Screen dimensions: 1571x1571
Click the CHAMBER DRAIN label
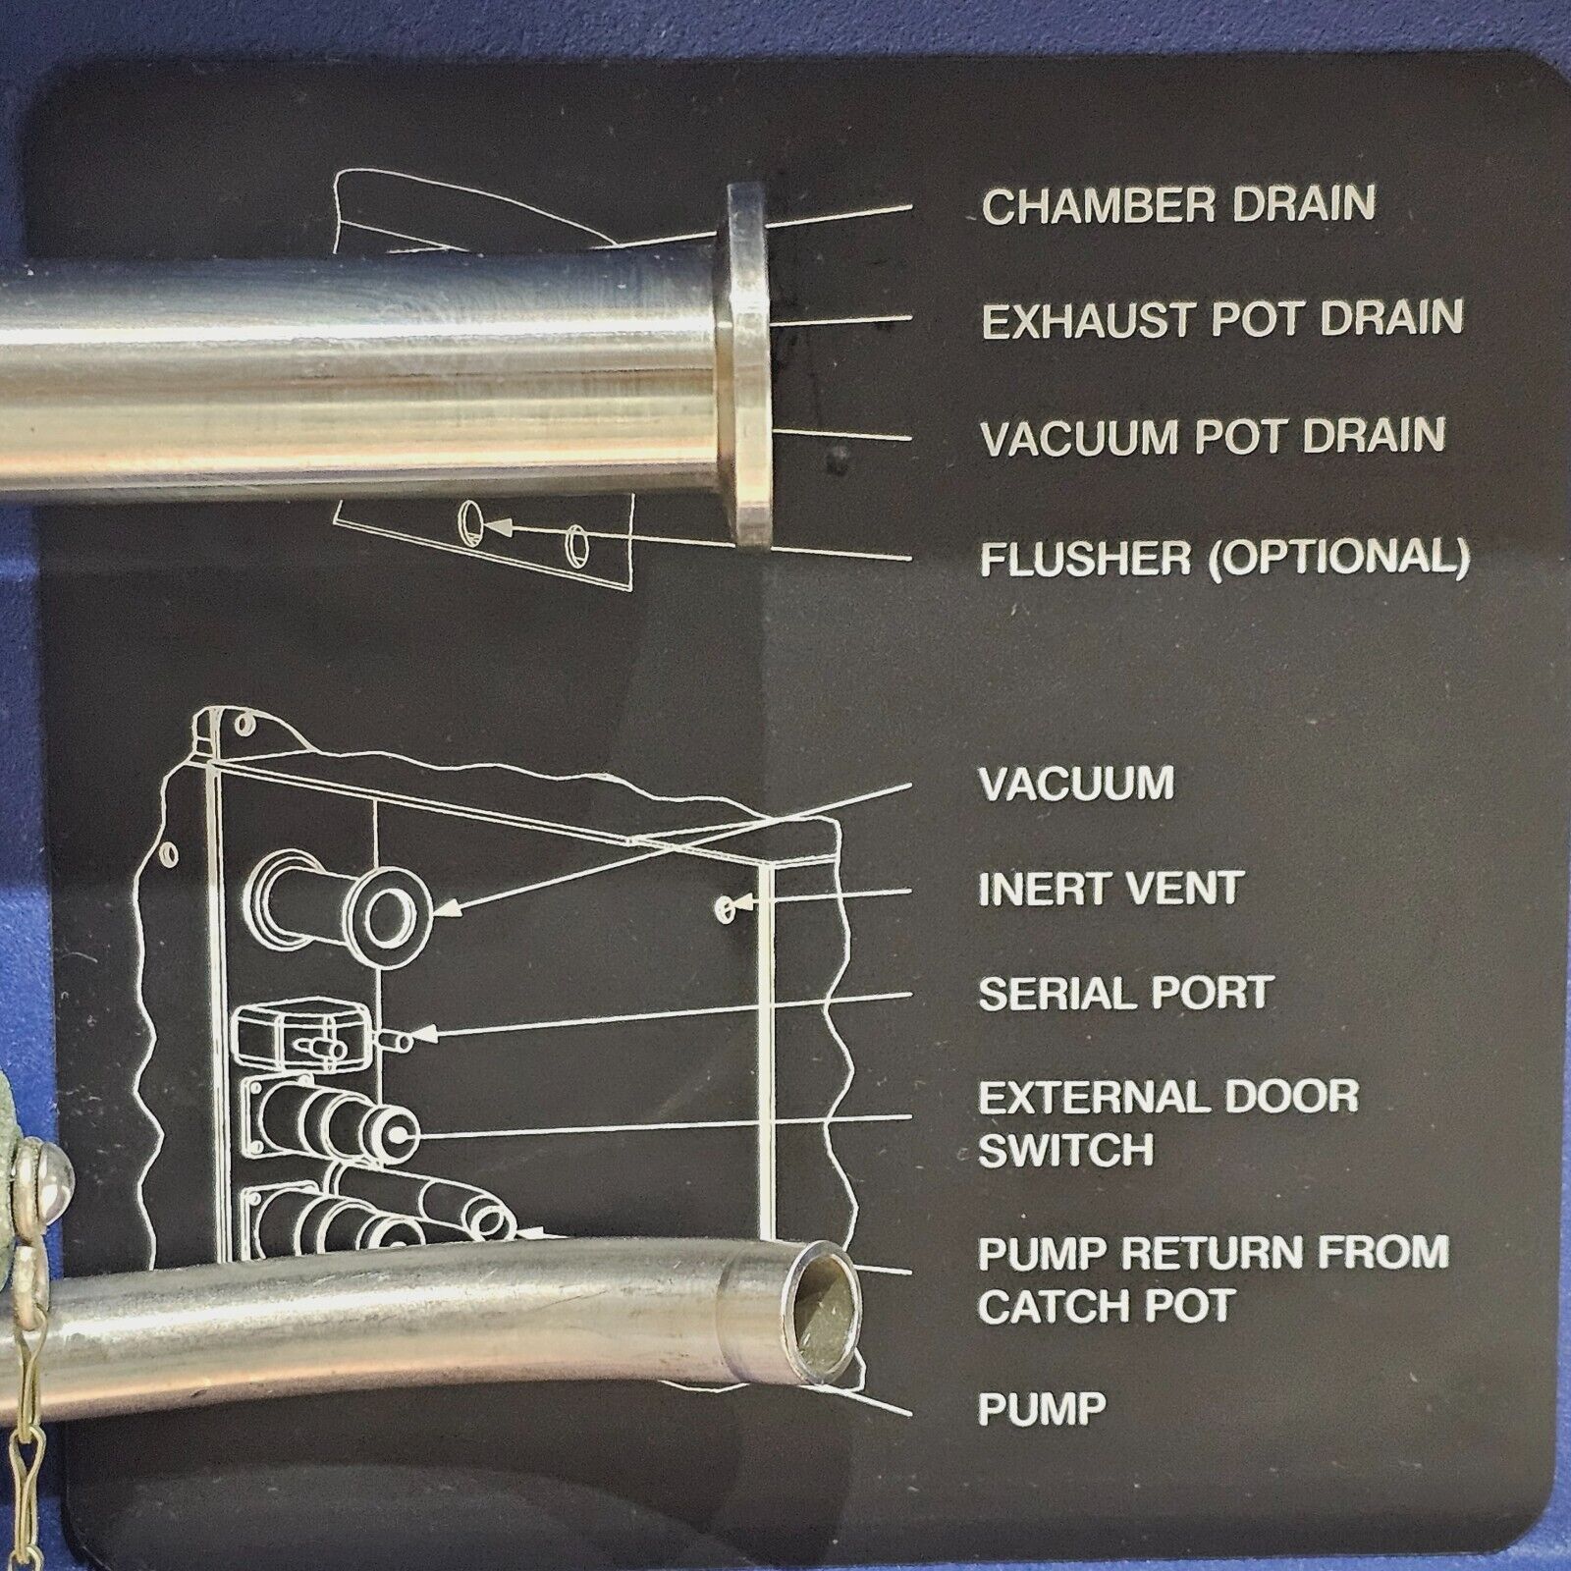pyautogui.click(x=1179, y=204)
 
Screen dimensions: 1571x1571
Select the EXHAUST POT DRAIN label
pyautogui.click(x=1222, y=319)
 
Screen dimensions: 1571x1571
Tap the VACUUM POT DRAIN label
pyautogui.click(x=1214, y=436)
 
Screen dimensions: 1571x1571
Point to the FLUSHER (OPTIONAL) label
pyautogui.click(x=1225, y=558)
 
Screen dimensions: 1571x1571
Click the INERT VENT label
pyautogui.click(x=1111, y=889)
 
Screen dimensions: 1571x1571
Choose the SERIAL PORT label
pyautogui.click(x=1125, y=994)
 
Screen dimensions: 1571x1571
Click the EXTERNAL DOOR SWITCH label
pyautogui.click(x=1168, y=1122)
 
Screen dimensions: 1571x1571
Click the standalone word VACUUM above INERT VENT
pyautogui.click(x=1076, y=784)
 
